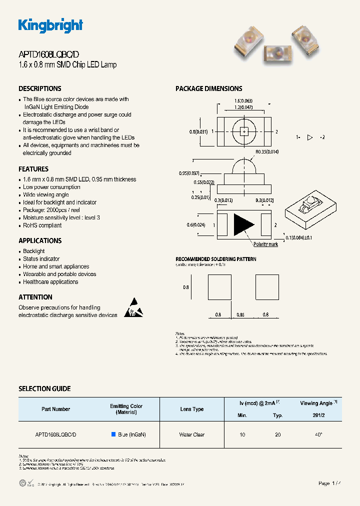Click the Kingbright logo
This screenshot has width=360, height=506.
pos(50,25)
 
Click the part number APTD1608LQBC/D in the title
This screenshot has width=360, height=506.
pos(48,55)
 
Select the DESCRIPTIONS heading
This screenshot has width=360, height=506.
pos(40,88)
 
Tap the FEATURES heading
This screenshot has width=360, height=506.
pos(33,169)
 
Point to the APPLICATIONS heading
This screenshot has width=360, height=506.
pos(40,240)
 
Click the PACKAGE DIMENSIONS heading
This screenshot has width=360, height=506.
pos(208,88)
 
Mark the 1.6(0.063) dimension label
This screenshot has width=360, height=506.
pos(243,100)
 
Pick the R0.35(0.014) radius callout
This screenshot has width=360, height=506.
pos(267,151)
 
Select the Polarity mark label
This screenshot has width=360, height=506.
pos(265,244)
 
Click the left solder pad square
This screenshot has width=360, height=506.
pos(219,287)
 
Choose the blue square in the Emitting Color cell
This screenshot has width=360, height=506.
pos(113,434)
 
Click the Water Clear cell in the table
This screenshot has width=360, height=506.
pos(192,434)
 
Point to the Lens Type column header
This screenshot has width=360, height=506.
pos(192,409)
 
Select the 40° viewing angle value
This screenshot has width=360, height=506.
pos(318,434)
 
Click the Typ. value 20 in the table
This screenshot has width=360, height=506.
pos(277,434)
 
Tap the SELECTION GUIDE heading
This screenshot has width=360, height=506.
pos(44,388)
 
